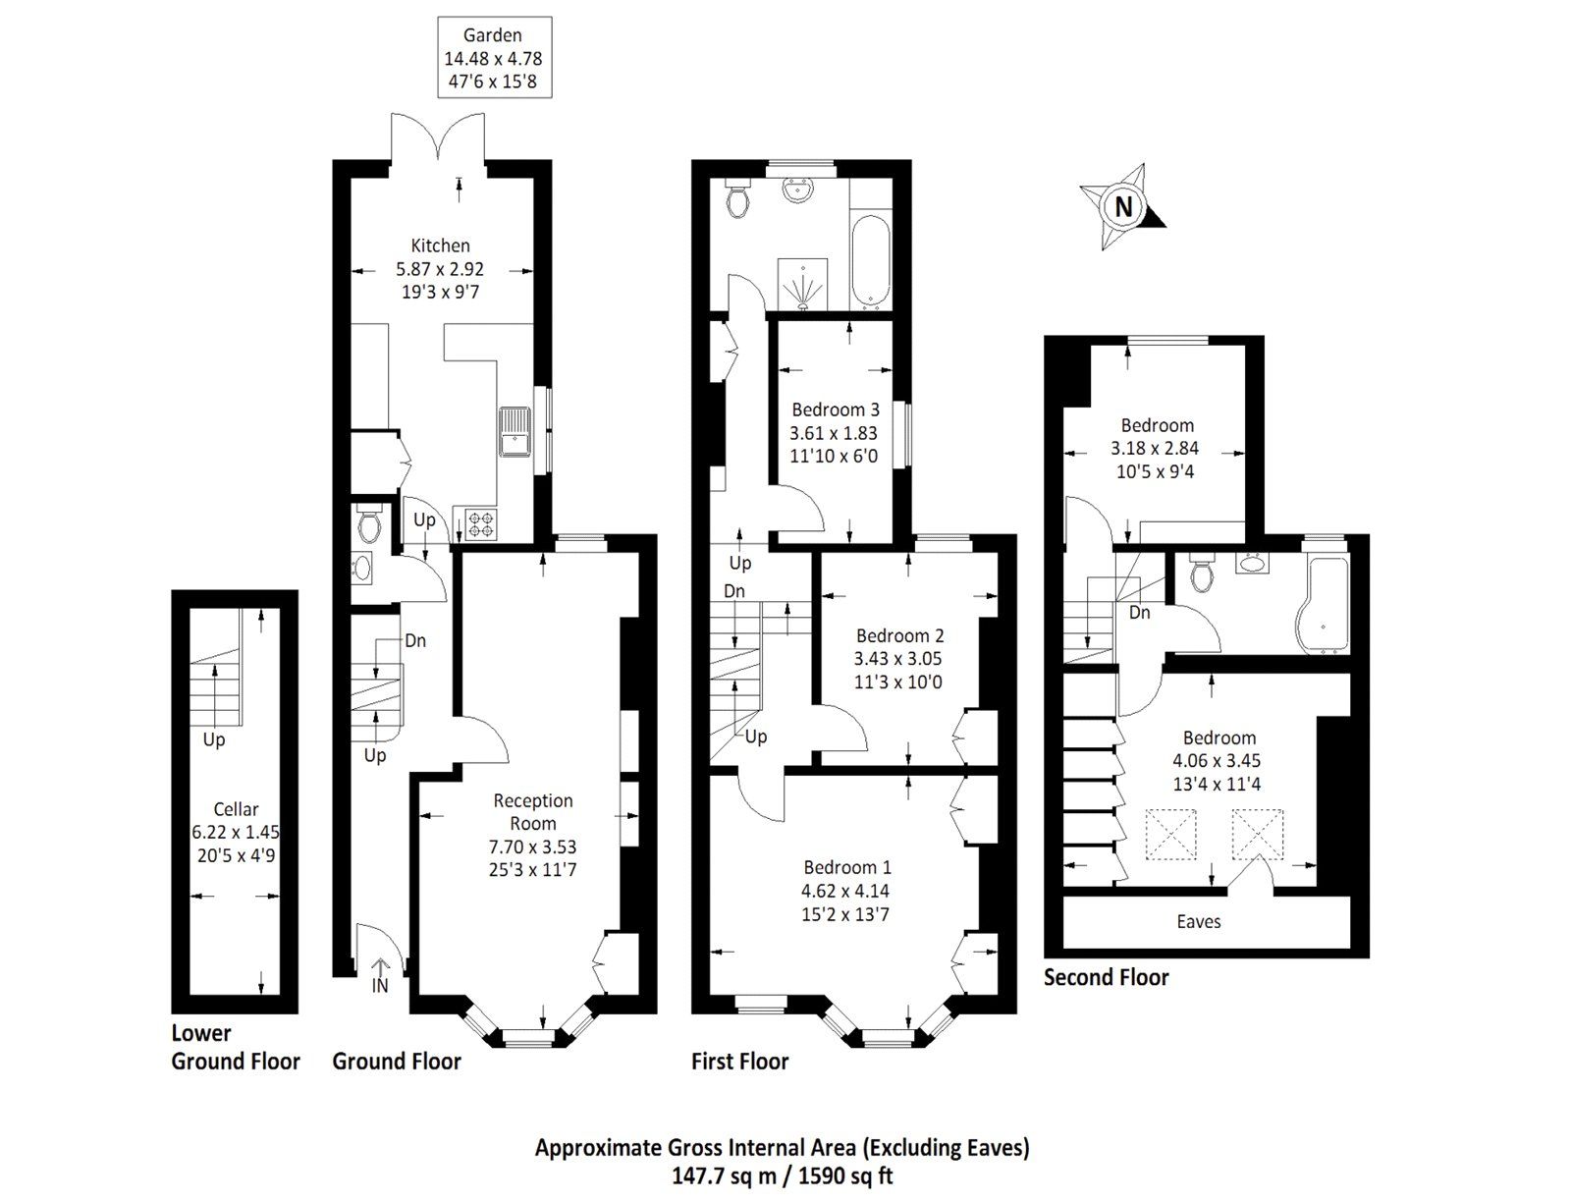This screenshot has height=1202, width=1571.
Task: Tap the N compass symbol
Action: point(1122,207)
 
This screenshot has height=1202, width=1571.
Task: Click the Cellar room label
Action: point(236,809)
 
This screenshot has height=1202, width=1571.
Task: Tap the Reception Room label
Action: point(533,812)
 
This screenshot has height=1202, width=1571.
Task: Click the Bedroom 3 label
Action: point(835,410)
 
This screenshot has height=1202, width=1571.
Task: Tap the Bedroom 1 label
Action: point(846,867)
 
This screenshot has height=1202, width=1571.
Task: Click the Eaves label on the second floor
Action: point(1198,921)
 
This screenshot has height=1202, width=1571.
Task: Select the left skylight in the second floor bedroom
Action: point(1171,834)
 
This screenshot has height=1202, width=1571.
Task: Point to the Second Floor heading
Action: point(1106,977)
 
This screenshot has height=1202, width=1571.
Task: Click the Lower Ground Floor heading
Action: point(236,1047)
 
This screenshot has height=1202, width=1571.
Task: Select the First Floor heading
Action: point(739,1061)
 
